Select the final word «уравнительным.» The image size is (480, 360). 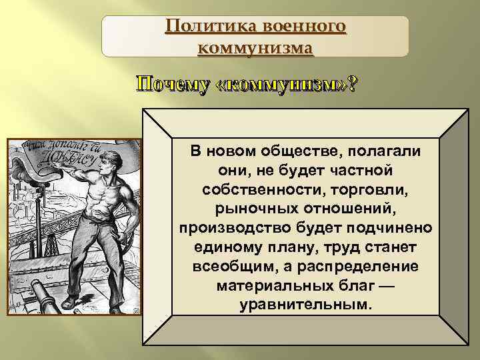(x=305, y=304)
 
